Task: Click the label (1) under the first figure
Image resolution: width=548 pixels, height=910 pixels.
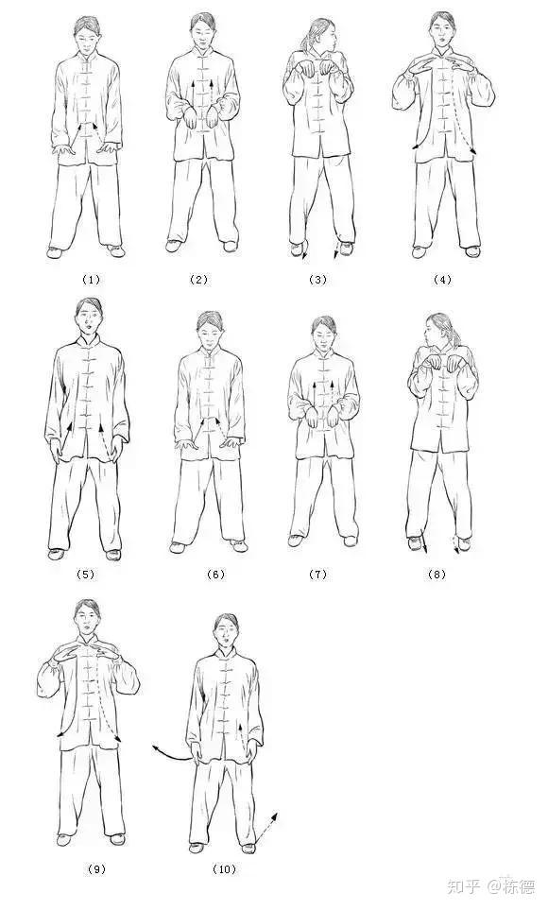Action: pyautogui.click(x=91, y=280)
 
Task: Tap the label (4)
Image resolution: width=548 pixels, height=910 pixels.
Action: pyautogui.click(x=442, y=280)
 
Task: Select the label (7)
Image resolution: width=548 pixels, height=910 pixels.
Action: pyautogui.click(x=317, y=575)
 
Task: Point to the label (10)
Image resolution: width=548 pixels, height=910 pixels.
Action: pyautogui.click(x=224, y=868)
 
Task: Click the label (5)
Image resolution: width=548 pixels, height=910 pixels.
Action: pyautogui.click(x=85, y=575)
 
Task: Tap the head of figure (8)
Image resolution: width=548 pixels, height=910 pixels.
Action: pyautogui.click(x=438, y=331)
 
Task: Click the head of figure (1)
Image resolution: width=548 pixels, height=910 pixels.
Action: pyautogui.click(x=87, y=35)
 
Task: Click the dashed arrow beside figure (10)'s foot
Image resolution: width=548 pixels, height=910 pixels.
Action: pyautogui.click(x=266, y=827)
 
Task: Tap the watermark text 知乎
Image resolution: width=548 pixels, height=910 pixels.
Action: pyautogui.click(x=463, y=886)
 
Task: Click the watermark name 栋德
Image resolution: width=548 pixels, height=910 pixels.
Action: pyautogui.click(x=520, y=886)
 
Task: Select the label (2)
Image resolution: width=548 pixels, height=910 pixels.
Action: pyautogui.click(x=198, y=280)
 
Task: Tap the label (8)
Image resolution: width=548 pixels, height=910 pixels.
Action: pyautogui.click(x=437, y=575)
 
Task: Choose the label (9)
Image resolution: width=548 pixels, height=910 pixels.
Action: pyautogui.click(x=96, y=868)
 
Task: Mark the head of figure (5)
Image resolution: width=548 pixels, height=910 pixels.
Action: pyautogui.click(x=88, y=317)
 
